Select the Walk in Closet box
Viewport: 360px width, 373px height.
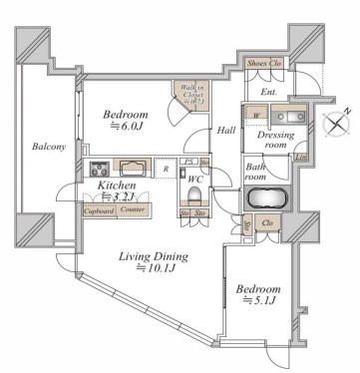click(190, 97)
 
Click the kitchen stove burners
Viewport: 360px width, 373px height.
click(100, 167)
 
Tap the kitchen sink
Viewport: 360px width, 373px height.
click(135, 167)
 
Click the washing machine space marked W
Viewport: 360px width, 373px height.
click(256, 114)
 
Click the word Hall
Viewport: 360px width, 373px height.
click(225, 132)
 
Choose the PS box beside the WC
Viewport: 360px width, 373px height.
click(189, 161)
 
